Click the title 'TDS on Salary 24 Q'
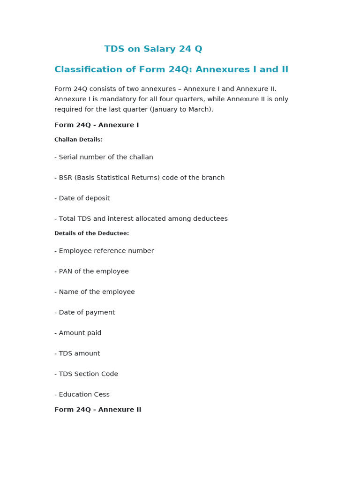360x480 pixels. [153, 49]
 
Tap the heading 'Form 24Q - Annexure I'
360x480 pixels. [97, 125]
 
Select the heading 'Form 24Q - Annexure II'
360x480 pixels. [97, 410]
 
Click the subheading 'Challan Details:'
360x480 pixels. [78, 140]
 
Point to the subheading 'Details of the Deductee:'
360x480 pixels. [91, 233]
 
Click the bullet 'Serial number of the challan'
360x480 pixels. [104, 157]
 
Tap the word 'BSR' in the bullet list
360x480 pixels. [66, 178]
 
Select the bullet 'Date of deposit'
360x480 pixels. [82, 198]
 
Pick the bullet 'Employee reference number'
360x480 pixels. [104, 251]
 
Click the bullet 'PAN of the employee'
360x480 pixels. [91, 271]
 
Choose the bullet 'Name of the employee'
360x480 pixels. [94, 292]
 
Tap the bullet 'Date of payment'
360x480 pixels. [84, 313]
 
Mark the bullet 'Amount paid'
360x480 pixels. [78, 333]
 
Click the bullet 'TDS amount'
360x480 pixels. [77, 353]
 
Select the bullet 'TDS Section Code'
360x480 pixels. [86, 374]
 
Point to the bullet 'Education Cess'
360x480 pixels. [82, 395]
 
